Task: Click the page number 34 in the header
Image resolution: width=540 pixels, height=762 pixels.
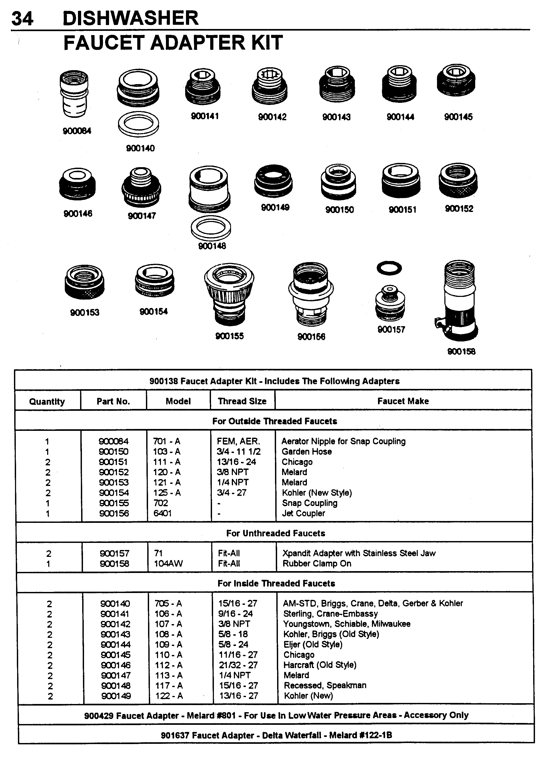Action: pyautogui.click(x=22, y=18)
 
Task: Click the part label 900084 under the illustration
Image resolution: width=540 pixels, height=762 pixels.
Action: pyautogui.click(x=77, y=131)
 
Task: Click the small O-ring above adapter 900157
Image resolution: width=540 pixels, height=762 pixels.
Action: pyautogui.click(x=389, y=268)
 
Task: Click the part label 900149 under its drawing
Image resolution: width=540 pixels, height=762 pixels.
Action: pyautogui.click(x=275, y=208)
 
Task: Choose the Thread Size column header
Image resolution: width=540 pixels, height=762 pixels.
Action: pyautogui.click(x=242, y=401)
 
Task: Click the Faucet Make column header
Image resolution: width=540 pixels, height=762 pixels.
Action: pyautogui.click(x=403, y=401)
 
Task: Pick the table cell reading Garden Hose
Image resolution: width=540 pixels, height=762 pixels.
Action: pyautogui.click(x=307, y=452)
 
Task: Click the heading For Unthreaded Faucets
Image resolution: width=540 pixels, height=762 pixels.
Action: pyautogui.click(x=275, y=533)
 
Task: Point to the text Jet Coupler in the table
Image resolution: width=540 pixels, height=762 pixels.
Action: pyautogui.click(x=303, y=513)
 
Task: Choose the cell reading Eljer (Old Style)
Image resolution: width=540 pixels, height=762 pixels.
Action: pyautogui.click(x=313, y=645)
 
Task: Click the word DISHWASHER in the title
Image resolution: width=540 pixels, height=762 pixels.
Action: pyautogui.click(x=130, y=18)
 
